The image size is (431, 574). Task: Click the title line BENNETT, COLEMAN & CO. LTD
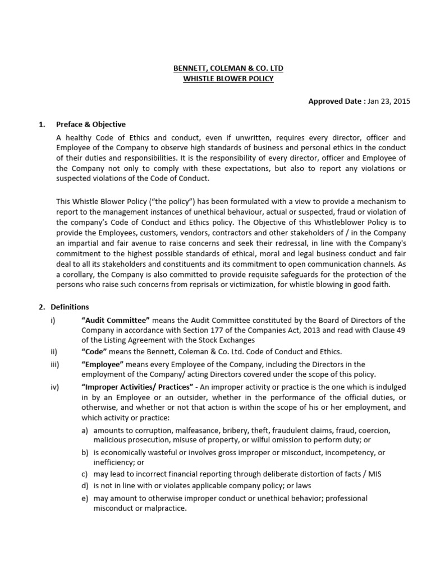click(x=228, y=68)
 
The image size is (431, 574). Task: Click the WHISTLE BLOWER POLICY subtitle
click(x=228, y=79)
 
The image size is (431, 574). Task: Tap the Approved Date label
click(x=336, y=101)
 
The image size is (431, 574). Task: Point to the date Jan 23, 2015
click(x=389, y=101)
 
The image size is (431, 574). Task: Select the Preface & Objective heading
click(x=91, y=124)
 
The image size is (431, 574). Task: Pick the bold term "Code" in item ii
click(x=94, y=351)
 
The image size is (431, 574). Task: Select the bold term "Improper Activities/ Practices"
click(x=137, y=387)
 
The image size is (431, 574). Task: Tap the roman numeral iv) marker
click(x=54, y=387)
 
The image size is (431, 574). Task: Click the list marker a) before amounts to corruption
click(x=85, y=430)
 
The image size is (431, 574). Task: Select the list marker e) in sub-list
click(x=85, y=498)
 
